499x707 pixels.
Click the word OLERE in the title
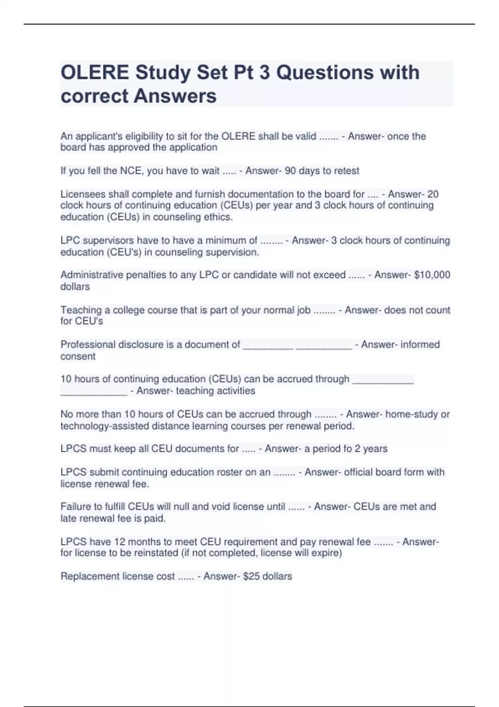(95, 73)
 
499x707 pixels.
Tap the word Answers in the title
(175, 96)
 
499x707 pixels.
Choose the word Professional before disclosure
(88, 344)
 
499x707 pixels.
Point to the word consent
(78, 356)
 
